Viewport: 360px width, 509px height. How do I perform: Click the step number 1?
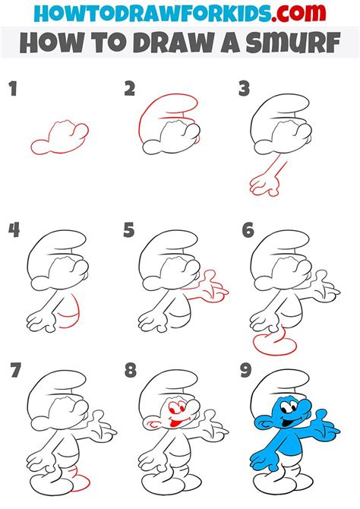[x=13, y=90]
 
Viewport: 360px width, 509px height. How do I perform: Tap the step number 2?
[x=130, y=90]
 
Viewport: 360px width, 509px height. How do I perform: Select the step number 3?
[x=244, y=90]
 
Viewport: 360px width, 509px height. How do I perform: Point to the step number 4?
[x=14, y=230]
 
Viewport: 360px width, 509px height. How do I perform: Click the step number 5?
[x=129, y=230]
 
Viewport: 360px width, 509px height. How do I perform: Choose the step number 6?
[x=247, y=230]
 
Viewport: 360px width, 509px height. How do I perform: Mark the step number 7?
[x=14, y=371]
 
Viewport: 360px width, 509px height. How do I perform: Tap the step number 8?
[x=130, y=371]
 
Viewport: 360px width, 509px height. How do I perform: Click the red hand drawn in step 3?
[x=263, y=182]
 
